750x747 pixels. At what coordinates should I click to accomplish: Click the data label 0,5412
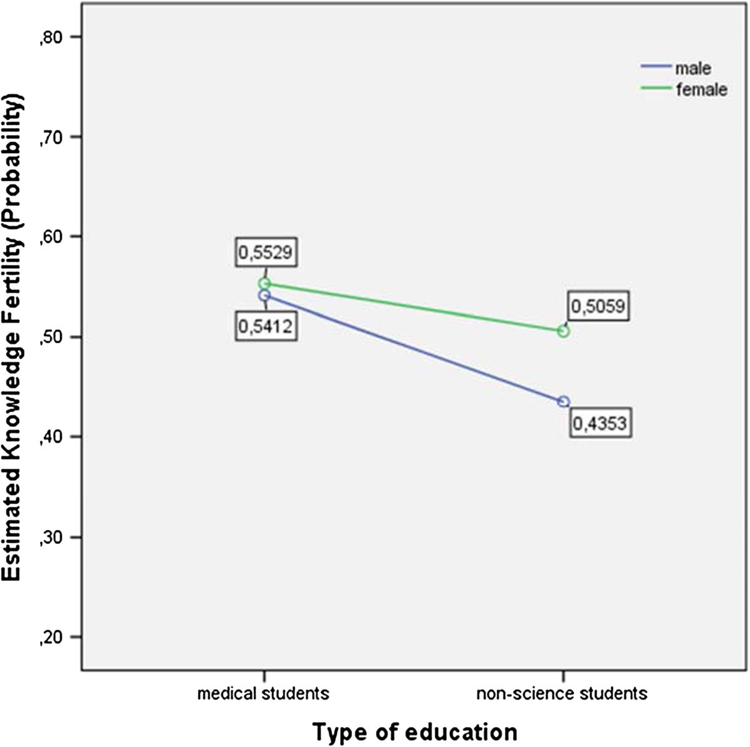pyautogui.click(x=265, y=325)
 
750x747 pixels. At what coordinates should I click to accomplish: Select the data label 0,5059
pyautogui.click(x=598, y=306)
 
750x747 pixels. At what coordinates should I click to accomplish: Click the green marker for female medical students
pyautogui.click(x=264, y=284)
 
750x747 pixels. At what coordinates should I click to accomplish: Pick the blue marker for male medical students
pyautogui.click(x=264, y=295)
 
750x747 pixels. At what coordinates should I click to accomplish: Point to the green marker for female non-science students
pyautogui.click(x=563, y=331)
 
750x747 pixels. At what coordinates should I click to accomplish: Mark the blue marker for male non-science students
pyautogui.click(x=563, y=401)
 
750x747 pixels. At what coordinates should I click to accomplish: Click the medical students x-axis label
pyautogui.click(x=263, y=693)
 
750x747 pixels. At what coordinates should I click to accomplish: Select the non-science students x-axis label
pyautogui.click(x=562, y=693)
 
